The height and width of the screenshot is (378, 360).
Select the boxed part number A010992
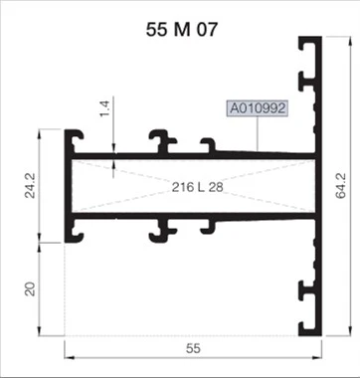coord(258,107)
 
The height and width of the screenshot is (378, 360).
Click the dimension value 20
coord(29,288)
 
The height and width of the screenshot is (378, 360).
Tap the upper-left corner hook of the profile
coord(74,137)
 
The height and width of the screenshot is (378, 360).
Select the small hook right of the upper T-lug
coord(208,146)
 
